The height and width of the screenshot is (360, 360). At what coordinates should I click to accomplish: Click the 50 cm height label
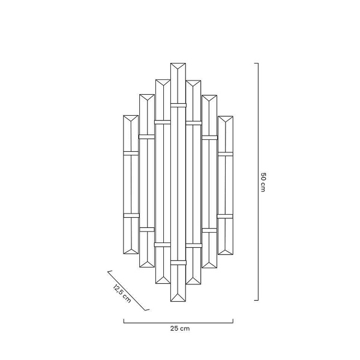tap(263, 182)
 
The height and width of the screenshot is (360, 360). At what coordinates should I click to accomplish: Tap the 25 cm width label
tap(180, 329)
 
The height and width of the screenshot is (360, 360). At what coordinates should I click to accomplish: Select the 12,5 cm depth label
tap(122, 293)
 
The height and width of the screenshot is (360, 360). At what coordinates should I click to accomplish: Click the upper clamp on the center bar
tap(178, 105)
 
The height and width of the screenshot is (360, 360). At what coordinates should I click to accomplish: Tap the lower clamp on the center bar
tap(178, 263)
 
